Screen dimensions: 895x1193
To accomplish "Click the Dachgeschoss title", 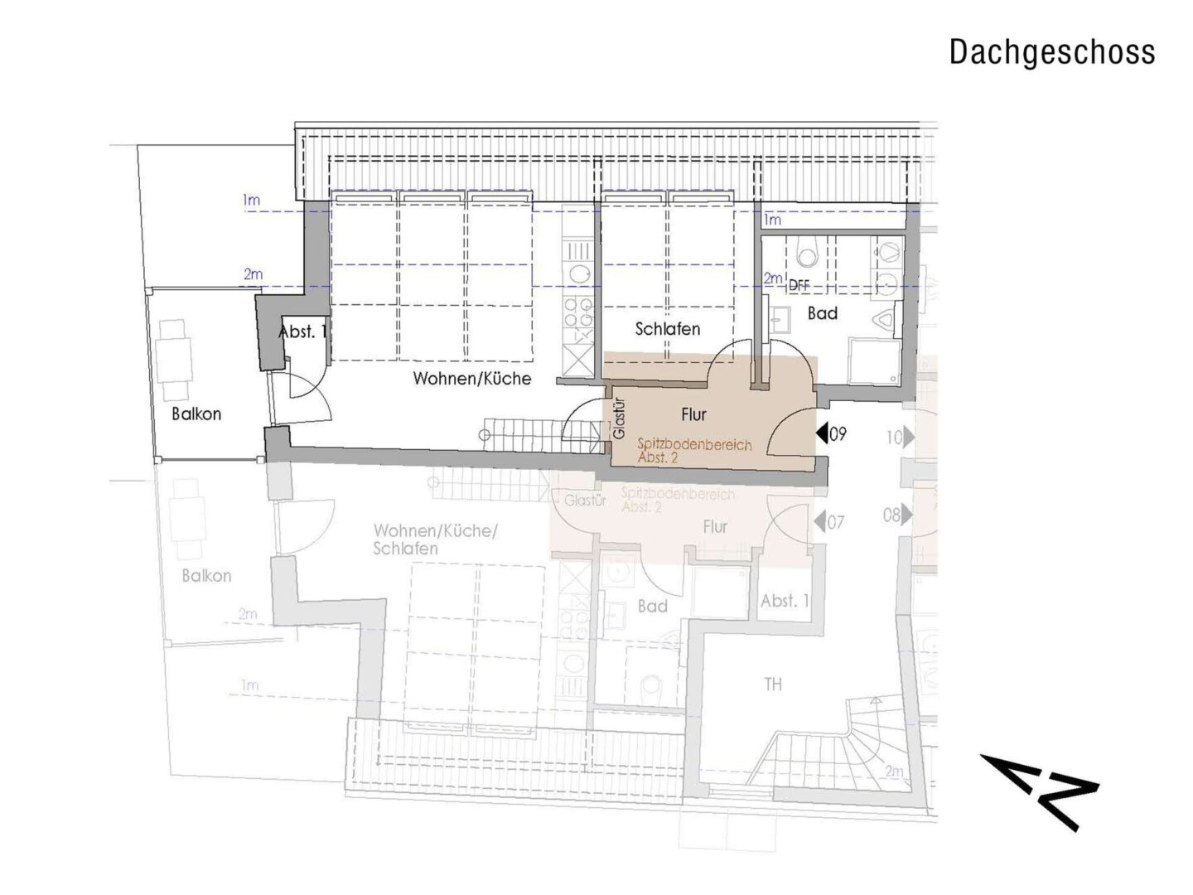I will point(1051,51).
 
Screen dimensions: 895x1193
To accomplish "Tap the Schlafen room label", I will point(667,329).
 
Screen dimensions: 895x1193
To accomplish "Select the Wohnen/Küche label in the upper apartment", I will point(471,379).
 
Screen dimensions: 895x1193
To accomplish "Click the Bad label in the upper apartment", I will point(822,313).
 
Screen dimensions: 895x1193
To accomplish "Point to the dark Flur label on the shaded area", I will point(693,414).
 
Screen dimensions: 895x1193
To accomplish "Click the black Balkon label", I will point(196,414).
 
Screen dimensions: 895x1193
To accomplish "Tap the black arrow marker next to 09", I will point(821,433).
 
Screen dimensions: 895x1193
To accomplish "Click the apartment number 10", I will point(893,436).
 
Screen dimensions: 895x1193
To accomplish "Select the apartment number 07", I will point(835,522).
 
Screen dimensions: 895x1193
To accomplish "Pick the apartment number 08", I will point(891,515).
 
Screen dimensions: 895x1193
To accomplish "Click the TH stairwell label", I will point(772,685).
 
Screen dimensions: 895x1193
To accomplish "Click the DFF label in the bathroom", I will point(799,285).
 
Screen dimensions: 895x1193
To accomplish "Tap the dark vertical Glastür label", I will point(619,419).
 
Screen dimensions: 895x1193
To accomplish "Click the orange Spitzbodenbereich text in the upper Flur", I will point(694,445).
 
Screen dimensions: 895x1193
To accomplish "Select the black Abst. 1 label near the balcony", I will point(303,332).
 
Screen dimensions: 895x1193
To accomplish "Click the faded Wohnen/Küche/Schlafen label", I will point(434,539).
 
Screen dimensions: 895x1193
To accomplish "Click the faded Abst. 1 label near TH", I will point(785,601).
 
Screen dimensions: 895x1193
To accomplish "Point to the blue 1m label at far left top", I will point(250,200).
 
